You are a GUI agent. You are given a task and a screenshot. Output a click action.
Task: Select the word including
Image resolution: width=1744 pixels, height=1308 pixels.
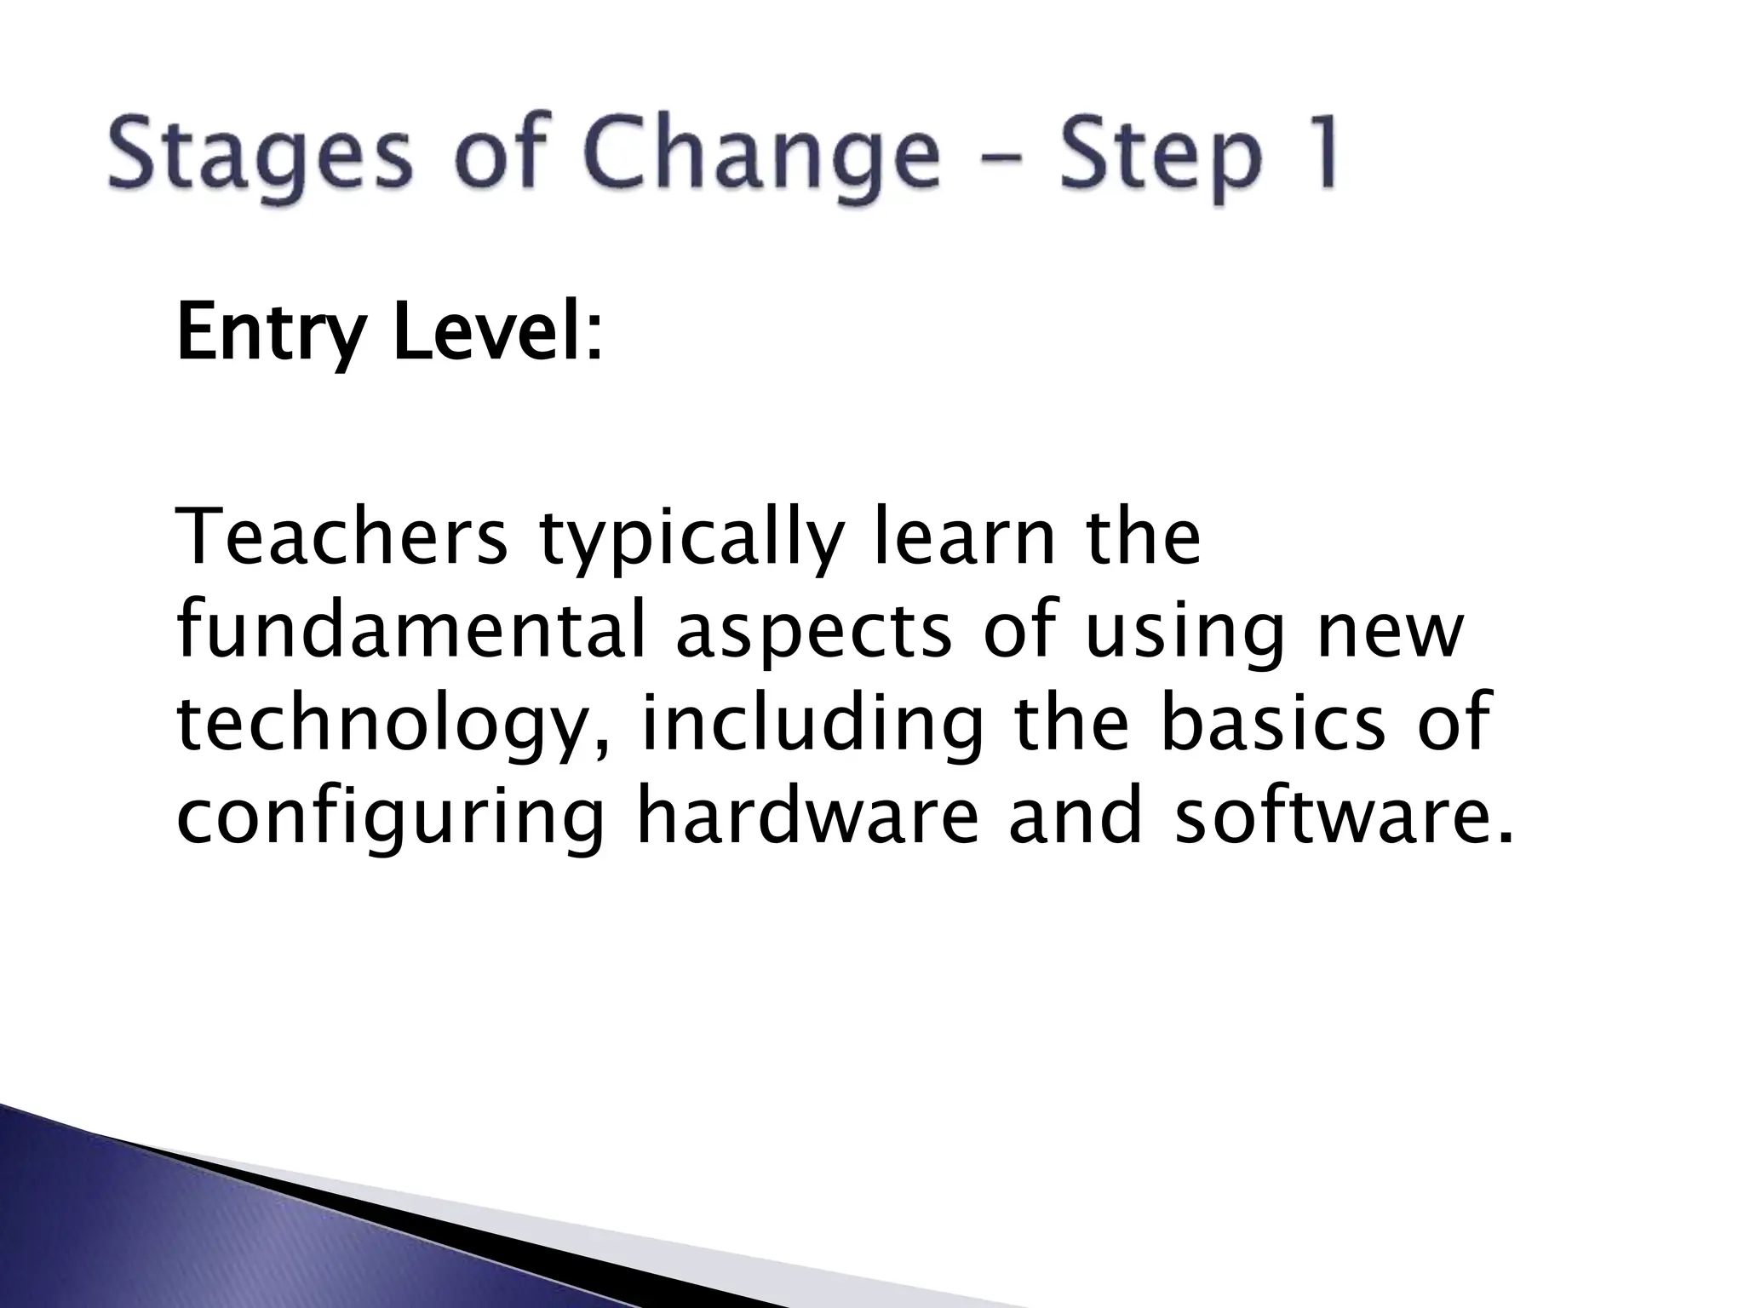[x=812, y=728]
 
